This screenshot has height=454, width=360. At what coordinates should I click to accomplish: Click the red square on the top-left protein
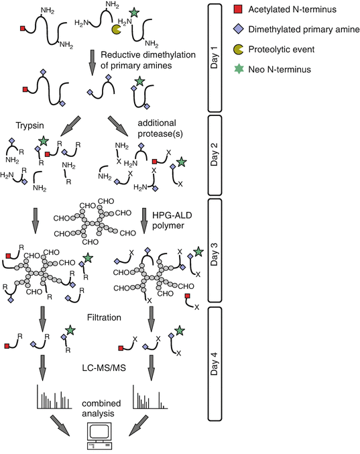(x=23, y=29)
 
